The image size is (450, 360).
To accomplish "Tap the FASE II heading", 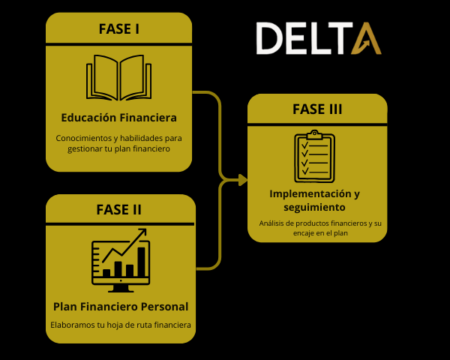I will click(x=119, y=208).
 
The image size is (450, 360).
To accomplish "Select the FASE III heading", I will click(x=317, y=109).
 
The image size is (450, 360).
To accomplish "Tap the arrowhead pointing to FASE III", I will click(x=242, y=179).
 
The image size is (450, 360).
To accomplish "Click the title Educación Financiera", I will click(x=119, y=118).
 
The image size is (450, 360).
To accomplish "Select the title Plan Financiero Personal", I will click(x=121, y=306).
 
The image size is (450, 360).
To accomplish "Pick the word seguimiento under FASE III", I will click(x=314, y=206).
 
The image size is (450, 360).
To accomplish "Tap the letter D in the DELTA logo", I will click(x=270, y=38).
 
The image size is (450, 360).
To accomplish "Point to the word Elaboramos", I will click(x=73, y=325).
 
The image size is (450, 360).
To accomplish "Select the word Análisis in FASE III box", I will click(x=272, y=223).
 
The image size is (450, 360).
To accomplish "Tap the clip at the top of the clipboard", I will click(x=313, y=134).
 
